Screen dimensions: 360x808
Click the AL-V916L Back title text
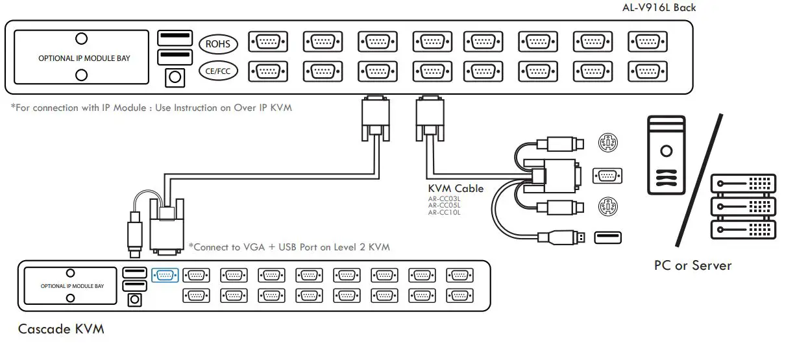[659, 8]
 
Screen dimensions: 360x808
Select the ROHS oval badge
[218, 44]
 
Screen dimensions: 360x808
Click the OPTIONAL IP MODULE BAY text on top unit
[84, 58]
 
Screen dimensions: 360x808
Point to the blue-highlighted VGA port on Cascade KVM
[164, 274]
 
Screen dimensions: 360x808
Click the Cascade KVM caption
[61, 329]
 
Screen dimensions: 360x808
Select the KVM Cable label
[456, 188]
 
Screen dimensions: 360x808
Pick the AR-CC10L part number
[444, 212]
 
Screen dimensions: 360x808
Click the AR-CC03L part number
[444, 199]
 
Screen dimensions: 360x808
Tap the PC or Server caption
[692, 265]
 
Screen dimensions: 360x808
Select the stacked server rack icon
[743, 207]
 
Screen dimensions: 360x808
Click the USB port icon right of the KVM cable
[607, 237]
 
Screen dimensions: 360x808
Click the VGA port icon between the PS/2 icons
[608, 175]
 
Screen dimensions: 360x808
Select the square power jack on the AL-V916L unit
[174, 77]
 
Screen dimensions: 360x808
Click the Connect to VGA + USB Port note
[289, 246]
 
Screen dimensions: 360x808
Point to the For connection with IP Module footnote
[151, 108]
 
